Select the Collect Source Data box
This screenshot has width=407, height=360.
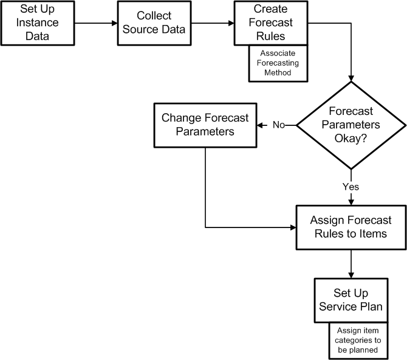[x=153, y=23]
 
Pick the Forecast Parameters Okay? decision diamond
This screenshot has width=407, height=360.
[x=351, y=125]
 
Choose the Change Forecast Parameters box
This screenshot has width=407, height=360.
[x=206, y=125]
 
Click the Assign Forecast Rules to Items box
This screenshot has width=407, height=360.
[x=351, y=227]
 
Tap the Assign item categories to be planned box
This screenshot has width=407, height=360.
[x=358, y=340]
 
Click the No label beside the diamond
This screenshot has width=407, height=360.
[x=279, y=125]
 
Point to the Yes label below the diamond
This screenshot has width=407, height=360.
[x=351, y=187]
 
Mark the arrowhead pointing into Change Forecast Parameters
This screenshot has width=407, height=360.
[x=262, y=125]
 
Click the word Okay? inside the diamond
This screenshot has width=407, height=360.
[x=351, y=138]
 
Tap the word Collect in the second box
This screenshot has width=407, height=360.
[x=153, y=16]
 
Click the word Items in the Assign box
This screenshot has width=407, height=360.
[x=372, y=234]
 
